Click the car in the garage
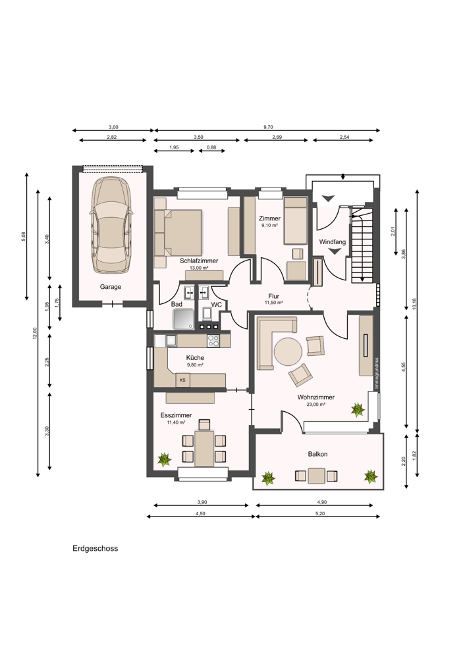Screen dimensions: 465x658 tap(111, 225)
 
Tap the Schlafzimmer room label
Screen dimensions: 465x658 tap(199, 261)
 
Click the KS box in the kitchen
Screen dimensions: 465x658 tap(182, 380)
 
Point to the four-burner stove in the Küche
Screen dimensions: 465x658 tap(213, 341)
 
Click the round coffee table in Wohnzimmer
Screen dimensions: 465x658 tap(288, 351)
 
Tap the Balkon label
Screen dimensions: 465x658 tap(317, 454)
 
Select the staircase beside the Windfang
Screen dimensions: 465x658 tap(361, 245)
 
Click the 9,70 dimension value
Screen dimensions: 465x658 tap(268, 127)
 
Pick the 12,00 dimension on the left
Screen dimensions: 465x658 tap(36, 334)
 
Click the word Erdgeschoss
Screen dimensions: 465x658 tap(96, 549)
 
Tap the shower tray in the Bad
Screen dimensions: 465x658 tap(184, 319)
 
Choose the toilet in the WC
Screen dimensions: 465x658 tap(207, 314)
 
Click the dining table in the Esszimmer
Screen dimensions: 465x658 tap(204, 448)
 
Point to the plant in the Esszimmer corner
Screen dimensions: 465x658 tap(164, 459)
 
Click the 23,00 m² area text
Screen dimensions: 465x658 tap(316, 405)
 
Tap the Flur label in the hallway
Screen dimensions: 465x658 tap(273, 296)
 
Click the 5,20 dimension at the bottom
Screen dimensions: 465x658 tap(317, 513)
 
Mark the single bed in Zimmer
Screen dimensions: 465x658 tap(296, 221)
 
